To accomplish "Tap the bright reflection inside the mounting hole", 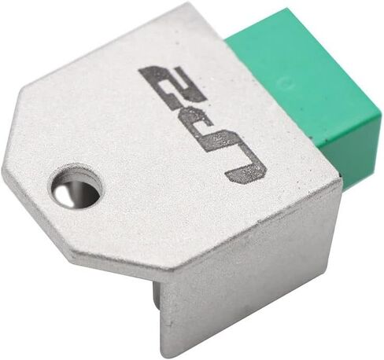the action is point(61,192).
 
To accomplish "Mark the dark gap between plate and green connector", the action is point(341,176).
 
